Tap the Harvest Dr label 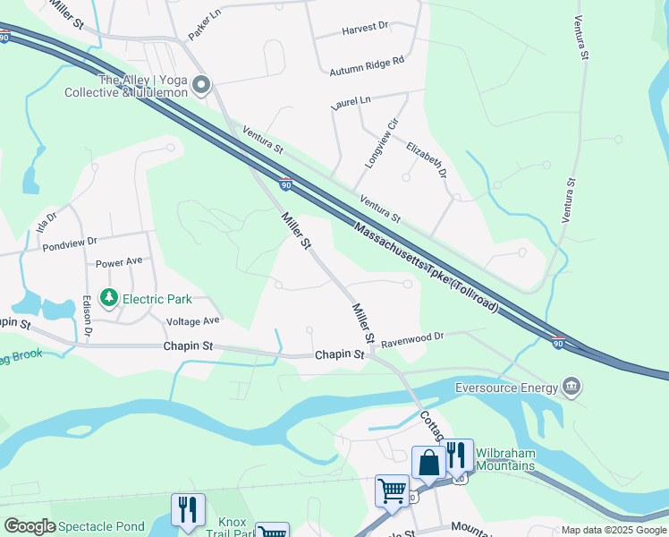point(365,29)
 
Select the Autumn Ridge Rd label point(367,65)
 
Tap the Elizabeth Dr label point(426,158)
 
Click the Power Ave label point(119,263)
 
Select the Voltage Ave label point(192,320)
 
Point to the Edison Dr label point(87,317)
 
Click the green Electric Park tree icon point(109,296)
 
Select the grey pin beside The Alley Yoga point(201,86)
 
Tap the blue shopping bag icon point(429,463)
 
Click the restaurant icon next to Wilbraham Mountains point(458,456)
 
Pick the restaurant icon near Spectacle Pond point(188,510)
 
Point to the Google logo point(30,526)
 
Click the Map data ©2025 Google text point(613,530)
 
